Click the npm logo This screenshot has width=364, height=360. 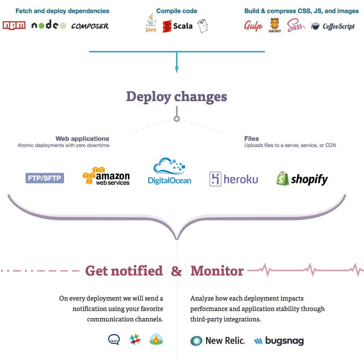click(14, 25)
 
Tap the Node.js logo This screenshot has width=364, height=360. click(49, 25)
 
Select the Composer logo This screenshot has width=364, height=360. click(90, 26)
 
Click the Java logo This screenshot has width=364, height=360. click(151, 24)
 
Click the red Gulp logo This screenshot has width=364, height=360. click(253, 26)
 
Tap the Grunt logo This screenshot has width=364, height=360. click(275, 25)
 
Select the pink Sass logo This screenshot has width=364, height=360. click(296, 26)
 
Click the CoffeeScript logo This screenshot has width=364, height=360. click(333, 26)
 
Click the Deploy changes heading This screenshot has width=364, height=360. click(176, 96)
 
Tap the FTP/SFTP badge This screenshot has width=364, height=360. click(44, 178)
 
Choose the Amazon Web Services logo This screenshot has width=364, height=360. click(106, 176)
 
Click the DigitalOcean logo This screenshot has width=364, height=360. click(169, 171)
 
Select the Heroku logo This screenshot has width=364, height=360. click(234, 179)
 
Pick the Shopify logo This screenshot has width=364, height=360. click(302, 179)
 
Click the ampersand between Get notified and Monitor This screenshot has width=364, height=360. click(176, 271)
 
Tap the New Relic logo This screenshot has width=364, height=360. click(218, 341)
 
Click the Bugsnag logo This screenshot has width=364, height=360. click(279, 341)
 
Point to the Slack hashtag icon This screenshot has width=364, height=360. click(135, 340)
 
